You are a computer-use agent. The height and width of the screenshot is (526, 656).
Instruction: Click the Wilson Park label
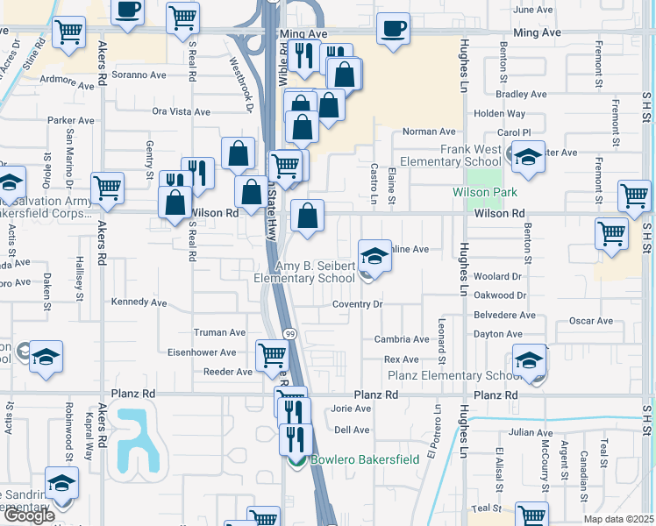click(485, 192)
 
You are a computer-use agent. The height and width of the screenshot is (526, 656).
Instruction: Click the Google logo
click(29, 515)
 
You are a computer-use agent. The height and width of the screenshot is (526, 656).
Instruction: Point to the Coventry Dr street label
click(358, 304)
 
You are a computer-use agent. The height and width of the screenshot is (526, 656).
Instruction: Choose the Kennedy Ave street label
click(139, 302)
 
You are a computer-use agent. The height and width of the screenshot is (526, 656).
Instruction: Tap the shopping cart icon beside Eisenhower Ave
click(272, 356)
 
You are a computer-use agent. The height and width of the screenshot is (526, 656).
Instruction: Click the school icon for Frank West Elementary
click(528, 157)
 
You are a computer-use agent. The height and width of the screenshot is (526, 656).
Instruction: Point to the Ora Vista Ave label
click(182, 112)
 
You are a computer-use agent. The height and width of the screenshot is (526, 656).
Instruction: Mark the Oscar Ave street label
click(590, 321)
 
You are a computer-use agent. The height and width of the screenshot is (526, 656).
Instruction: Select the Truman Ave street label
click(219, 333)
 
